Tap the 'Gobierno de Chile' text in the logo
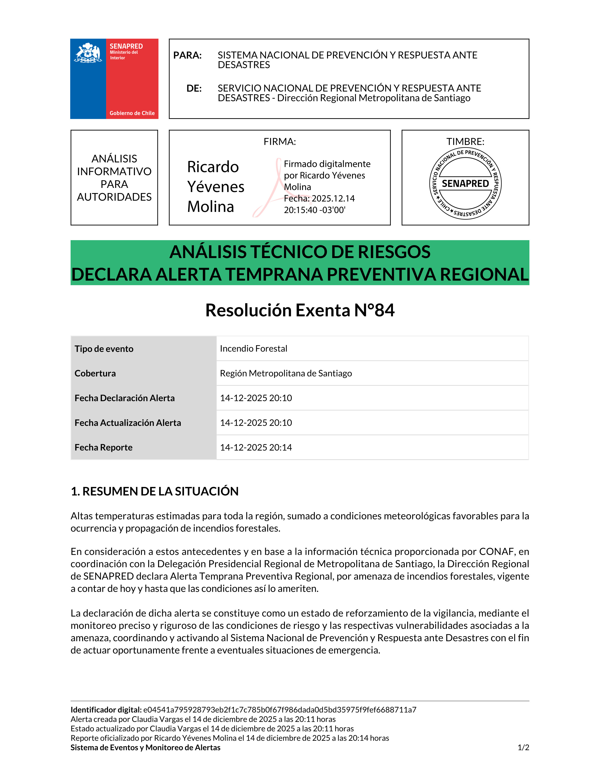coord(132,113)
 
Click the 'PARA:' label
coord(187,56)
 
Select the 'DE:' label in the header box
coord(194,88)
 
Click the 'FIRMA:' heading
coord(279,142)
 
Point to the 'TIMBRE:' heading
coord(465,142)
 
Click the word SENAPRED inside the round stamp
coord(465,184)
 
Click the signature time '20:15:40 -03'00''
coord(314,210)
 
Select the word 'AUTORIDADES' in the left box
coord(114,197)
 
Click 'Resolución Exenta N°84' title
coord(300,310)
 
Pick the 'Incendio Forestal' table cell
coord(253,349)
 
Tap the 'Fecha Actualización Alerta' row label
coord(128,423)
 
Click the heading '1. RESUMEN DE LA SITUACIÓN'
coord(154,491)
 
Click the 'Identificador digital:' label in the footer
coord(106,710)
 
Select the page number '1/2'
coord(523,748)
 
